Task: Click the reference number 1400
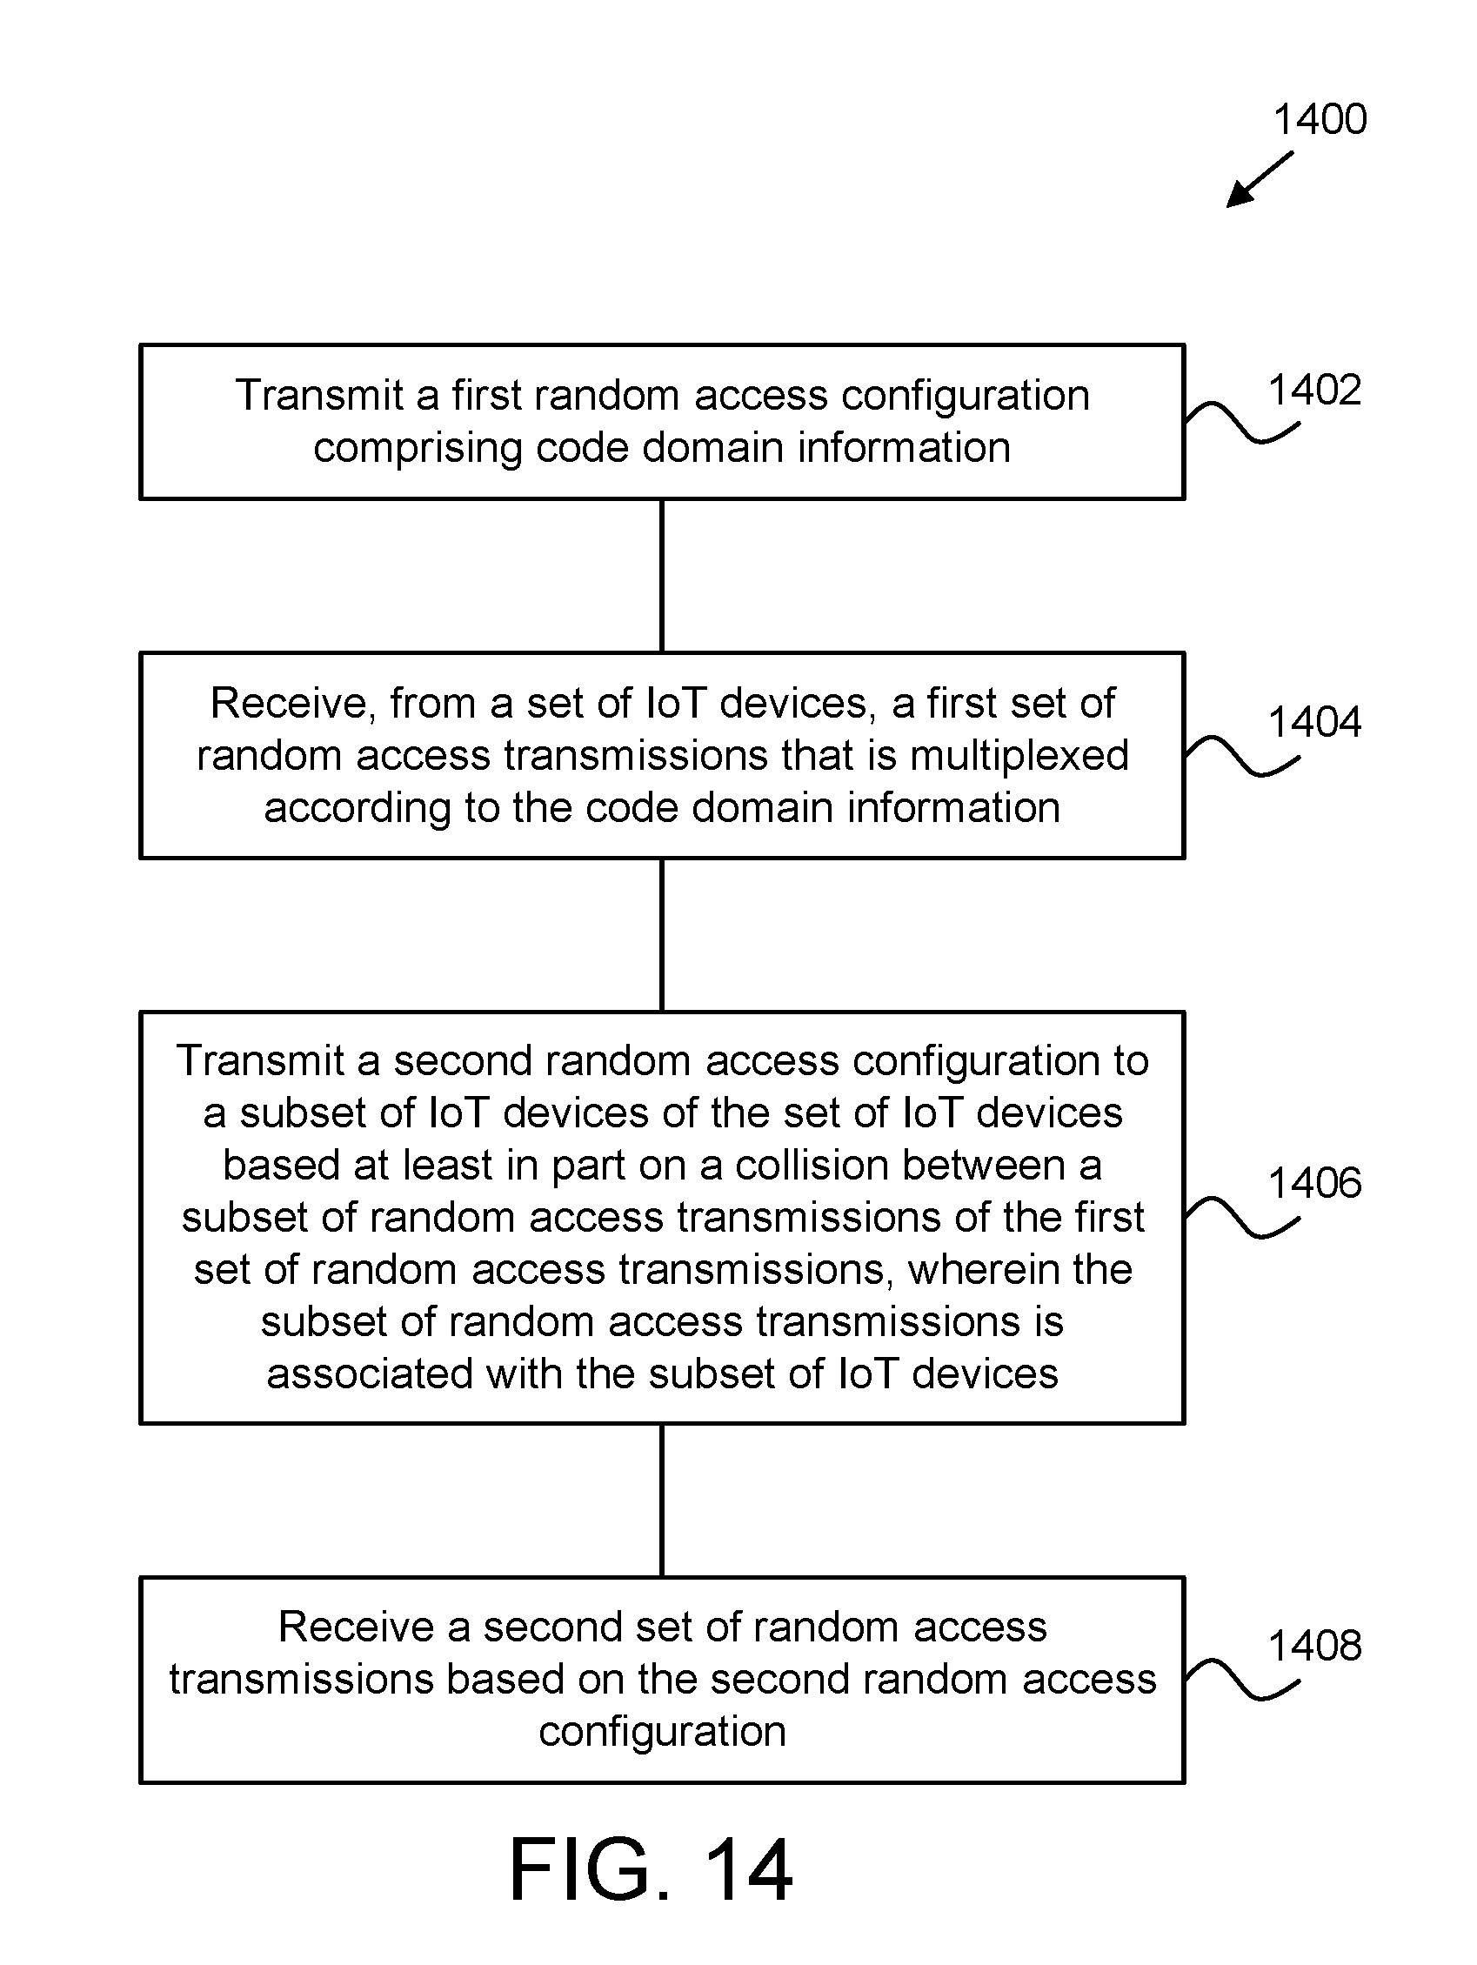click(1320, 120)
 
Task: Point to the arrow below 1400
click(1260, 178)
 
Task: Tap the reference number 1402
click(1314, 390)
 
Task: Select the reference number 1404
click(1314, 722)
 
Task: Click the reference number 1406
click(1314, 1183)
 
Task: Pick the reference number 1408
click(1314, 1646)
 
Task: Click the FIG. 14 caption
click(651, 1870)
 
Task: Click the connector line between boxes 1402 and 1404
click(662, 576)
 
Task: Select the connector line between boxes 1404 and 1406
click(662, 934)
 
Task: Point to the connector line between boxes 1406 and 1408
click(662, 1500)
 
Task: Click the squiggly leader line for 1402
click(1242, 424)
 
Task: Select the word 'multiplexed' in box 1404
click(1019, 756)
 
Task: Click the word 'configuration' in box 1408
click(663, 1732)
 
